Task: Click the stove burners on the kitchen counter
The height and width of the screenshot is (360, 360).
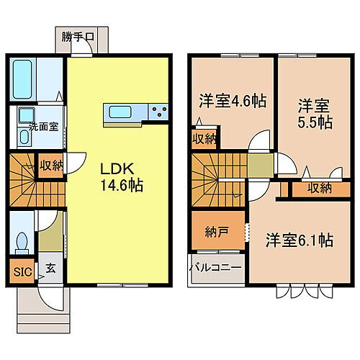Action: (159, 111)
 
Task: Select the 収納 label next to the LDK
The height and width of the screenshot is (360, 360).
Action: (50, 166)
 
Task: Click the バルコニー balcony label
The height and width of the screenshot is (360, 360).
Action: (215, 269)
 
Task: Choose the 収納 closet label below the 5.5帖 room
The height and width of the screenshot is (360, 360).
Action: (320, 188)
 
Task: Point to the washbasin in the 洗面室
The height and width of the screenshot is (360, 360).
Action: (26, 115)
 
